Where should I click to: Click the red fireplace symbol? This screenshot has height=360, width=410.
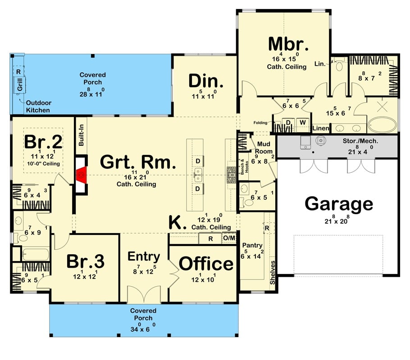82,174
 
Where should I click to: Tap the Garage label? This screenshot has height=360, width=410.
339,204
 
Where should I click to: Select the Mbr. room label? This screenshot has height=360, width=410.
288,45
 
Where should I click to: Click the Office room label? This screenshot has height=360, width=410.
206,264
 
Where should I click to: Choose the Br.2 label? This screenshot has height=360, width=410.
43,142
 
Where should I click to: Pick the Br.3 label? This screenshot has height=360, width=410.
86,261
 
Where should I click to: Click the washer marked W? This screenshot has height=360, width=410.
302,122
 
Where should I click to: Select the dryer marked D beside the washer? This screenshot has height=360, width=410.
288,122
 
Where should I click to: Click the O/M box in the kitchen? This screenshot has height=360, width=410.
229,238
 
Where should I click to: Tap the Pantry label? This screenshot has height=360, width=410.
251,245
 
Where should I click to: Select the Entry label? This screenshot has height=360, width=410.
144,257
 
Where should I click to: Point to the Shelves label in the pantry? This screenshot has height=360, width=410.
272,272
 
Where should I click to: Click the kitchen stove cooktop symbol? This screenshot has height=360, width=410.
231,175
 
